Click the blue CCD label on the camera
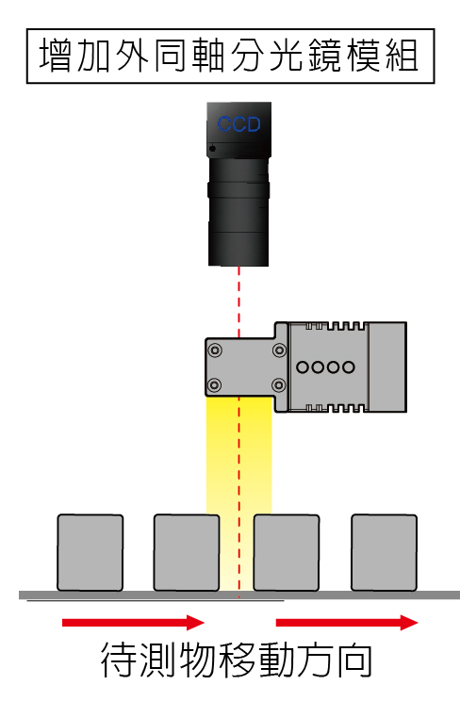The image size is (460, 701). coord(238,123)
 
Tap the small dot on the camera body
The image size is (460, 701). coord(212,149)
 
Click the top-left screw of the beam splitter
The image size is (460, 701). coord(215,350)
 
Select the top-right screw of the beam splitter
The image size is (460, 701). coord(279,350)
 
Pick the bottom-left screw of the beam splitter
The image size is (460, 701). coord(215,384)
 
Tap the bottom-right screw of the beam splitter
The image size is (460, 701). coord(279,384)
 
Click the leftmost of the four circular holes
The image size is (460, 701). coord(303,367)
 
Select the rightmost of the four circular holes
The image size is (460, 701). coord(349,367)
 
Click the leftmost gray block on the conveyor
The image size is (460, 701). coord(90,552)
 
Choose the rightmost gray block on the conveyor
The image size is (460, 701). coord(384,552)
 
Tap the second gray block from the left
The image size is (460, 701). coord(187,552)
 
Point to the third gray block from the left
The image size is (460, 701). coord(287,552)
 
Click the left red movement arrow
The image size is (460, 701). coord(133,622)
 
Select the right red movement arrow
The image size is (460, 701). coord(347,622)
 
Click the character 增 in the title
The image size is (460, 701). coord(55,56)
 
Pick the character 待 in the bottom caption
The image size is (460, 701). coord(118,660)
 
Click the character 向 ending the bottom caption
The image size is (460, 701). coord(354,660)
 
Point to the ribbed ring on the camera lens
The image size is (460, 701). coord(238,189)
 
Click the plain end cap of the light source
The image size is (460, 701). coord(387,367)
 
